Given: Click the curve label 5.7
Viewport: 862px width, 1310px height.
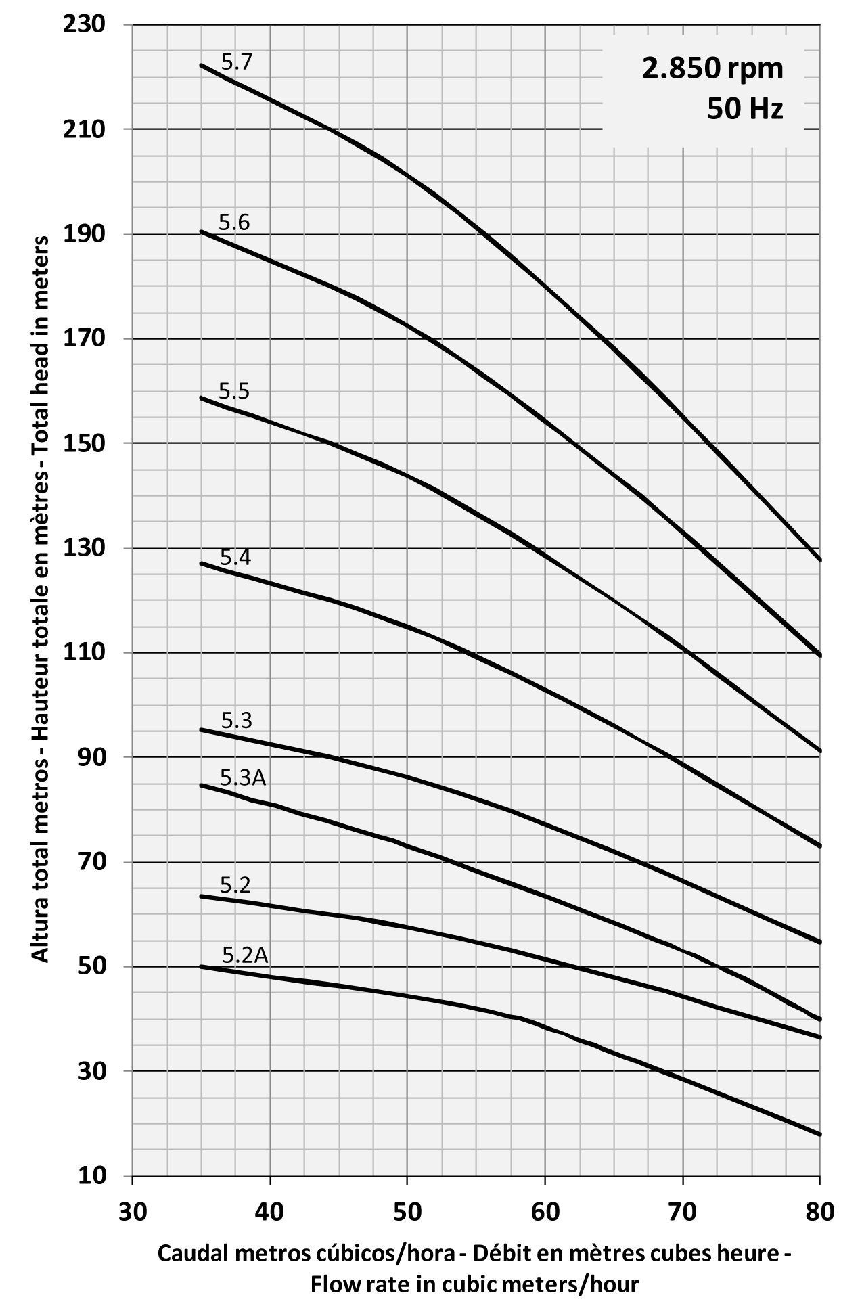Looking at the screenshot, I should pyautogui.click(x=237, y=63).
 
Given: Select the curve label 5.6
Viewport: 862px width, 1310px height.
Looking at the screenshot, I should pyautogui.click(x=234, y=222).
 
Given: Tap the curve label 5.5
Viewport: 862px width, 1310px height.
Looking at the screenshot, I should pyautogui.click(x=234, y=391).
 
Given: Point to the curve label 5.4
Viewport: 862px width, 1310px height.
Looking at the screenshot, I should pyautogui.click(x=235, y=558).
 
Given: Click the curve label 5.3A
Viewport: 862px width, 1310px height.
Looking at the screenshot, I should pyautogui.click(x=243, y=778).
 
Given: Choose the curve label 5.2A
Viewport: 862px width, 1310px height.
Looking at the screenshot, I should pyautogui.click(x=245, y=955).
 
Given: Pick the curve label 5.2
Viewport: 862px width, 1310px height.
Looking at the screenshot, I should pyautogui.click(x=235, y=885).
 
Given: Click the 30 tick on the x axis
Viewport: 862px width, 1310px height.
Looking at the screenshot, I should pyautogui.click(x=132, y=1211).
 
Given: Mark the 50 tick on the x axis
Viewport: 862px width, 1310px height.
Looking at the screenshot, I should pyautogui.click(x=407, y=1211).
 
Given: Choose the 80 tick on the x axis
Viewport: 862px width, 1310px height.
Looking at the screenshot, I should pyautogui.click(x=820, y=1211).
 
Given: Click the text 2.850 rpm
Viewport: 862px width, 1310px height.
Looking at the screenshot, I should pyautogui.click(x=713, y=69).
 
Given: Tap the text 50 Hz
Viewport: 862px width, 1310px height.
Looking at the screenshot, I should pyautogui.click(x=745, y=109).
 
